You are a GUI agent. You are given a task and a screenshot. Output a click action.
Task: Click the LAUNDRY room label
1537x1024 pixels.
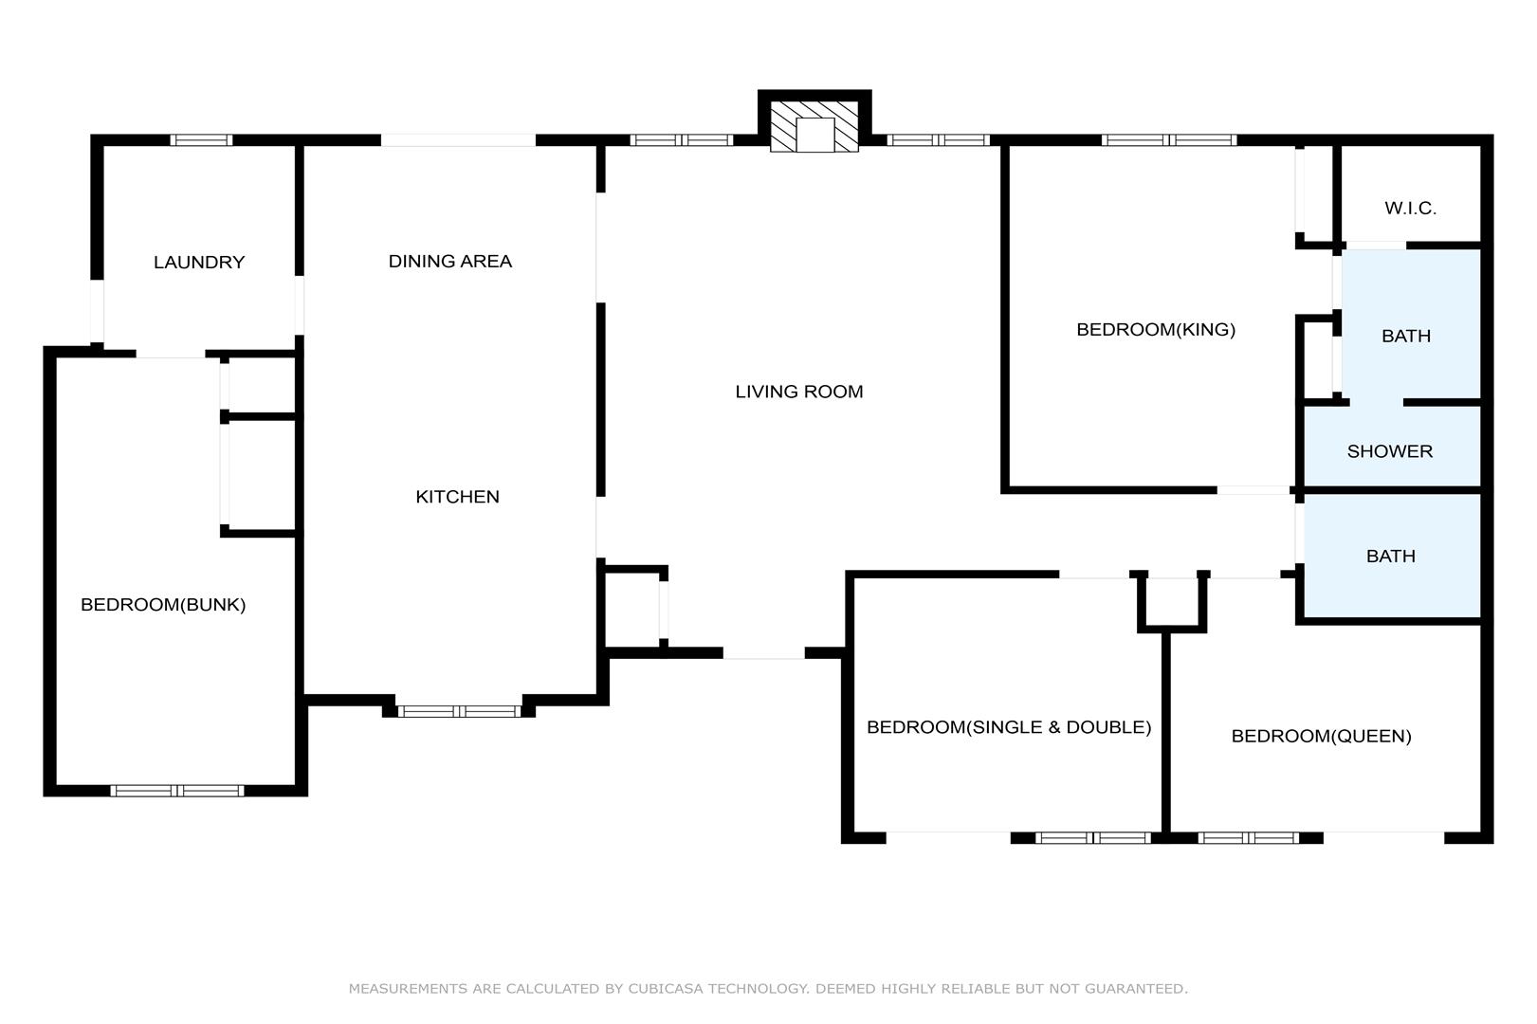coord(199,263)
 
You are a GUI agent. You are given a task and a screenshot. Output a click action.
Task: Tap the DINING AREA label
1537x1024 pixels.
coord(450,262)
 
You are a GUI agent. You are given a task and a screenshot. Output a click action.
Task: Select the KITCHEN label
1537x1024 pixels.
coord(458,497)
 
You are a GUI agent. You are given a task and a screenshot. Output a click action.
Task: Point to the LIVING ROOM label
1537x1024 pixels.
coord(799,392)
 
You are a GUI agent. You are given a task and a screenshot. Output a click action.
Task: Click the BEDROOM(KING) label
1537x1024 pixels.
coord(1156,330)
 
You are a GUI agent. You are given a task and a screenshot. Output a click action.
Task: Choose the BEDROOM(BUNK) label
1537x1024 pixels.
coord(163,605)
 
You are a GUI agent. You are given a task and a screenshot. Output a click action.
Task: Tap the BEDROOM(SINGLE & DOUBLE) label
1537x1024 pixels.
coord(1009,727)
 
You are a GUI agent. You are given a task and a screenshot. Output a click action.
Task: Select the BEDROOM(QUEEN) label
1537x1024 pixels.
coord(1322,737)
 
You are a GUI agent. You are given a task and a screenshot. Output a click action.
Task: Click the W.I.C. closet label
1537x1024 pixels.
coord(1411,209)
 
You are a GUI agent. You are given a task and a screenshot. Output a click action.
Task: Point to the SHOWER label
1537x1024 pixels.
coord(1390,451)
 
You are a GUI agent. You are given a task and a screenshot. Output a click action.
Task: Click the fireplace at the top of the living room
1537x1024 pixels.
coord(814,126)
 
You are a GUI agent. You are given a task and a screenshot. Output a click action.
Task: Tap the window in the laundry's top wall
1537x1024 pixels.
coord(201,140)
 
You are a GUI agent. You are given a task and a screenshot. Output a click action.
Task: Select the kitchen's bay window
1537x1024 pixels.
coord(459,711)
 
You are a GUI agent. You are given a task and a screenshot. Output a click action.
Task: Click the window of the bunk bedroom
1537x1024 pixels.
coord(177,791)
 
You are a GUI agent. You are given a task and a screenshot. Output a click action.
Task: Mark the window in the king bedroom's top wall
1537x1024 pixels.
coord(1169,140)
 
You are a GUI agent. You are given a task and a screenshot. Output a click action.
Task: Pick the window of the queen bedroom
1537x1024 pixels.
coord(1249,837)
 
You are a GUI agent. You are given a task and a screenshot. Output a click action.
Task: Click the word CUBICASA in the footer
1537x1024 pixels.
coord(665,989)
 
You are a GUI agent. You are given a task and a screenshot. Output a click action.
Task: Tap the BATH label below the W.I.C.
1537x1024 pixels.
coord(1406,337)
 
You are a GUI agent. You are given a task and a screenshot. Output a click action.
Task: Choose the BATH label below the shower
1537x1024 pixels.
coord(1391,557)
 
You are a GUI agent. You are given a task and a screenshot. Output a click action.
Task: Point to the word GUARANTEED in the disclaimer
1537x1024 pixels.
coord(1136,989)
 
